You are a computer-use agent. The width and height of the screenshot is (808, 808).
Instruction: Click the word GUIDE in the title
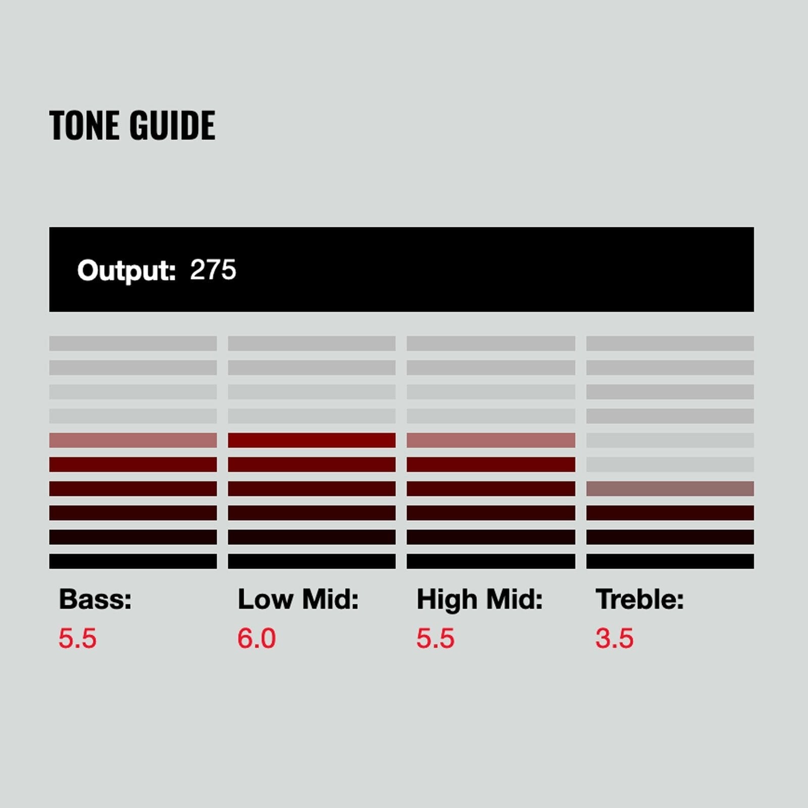[x=172, y=125]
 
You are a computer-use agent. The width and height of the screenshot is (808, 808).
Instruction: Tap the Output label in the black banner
[x=126, y=271]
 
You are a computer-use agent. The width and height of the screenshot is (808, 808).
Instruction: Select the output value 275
[x=213, y=270]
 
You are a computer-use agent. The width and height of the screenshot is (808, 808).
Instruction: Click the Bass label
[x=95, y=599]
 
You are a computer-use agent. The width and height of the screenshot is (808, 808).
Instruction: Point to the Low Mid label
[x=298, y=599]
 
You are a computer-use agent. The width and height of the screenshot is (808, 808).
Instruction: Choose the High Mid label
[x=479, y=600]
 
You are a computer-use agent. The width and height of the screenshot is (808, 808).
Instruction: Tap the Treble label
[x=640, y=599]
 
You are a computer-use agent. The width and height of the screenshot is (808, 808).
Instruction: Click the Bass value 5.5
[x=77, y=638]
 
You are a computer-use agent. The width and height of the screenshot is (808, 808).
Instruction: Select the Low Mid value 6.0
[x=257, y=638]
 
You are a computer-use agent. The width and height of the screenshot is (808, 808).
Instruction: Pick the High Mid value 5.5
[x=435, y=638]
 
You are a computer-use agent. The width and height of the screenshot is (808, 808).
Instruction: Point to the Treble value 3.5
[x=614, y=638]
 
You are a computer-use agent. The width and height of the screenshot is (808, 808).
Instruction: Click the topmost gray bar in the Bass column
[x=133, y=343]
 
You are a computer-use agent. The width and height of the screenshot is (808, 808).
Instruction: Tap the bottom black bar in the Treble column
[x=670, y=562]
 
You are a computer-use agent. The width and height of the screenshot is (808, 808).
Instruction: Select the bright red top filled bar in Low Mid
[x=312, y=440]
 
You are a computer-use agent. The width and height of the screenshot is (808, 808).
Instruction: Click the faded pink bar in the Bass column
[x=133, y=440]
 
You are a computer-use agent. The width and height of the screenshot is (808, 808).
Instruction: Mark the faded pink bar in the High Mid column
[x=491, y=440]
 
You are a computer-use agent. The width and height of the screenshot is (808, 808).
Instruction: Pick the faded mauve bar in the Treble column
[x=670, y=489]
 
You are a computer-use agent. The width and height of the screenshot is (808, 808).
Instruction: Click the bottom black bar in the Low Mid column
[x=312, y=562]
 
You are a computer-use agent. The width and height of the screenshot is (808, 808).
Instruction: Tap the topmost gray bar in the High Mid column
[x=491, y=343]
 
